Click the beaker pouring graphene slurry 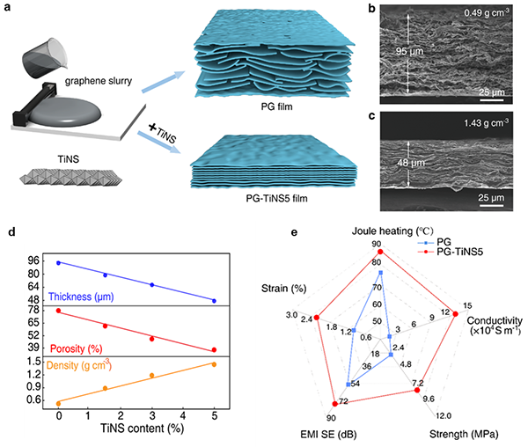45,58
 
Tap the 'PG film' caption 276,106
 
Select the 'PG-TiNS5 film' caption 276,198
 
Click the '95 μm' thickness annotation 409,52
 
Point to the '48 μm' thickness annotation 410,163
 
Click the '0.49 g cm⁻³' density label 487,13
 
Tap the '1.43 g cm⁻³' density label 487,123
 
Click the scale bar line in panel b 492,99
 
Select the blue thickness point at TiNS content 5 214,301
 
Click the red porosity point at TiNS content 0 59,311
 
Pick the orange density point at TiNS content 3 152,376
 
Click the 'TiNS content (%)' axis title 142,429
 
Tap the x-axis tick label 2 121,415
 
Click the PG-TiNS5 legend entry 450,252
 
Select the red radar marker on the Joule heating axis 380,252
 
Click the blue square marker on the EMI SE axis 348,384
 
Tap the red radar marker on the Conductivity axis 456,314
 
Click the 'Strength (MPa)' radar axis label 464,434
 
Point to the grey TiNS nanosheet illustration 71,177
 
